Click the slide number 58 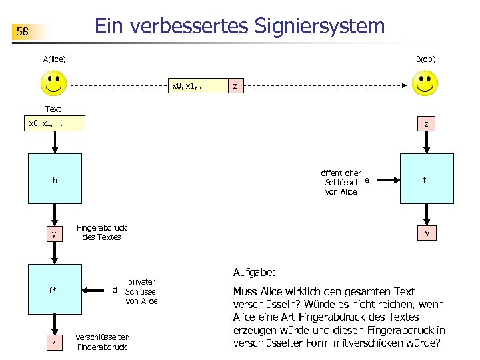point(23,32)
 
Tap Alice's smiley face point(53,84)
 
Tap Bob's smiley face point(425,84)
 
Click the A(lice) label point(54,59)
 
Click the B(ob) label point(425,59)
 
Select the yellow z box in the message point(235,86)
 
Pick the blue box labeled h point(54,178)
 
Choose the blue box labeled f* point(53,290)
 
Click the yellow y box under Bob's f point(427,233)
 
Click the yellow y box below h point(53,233)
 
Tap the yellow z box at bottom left point(53,342)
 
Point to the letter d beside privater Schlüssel point(115,290)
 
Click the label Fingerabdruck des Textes point(101,232)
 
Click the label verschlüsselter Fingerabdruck point(102,341)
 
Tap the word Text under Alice point(53,109)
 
